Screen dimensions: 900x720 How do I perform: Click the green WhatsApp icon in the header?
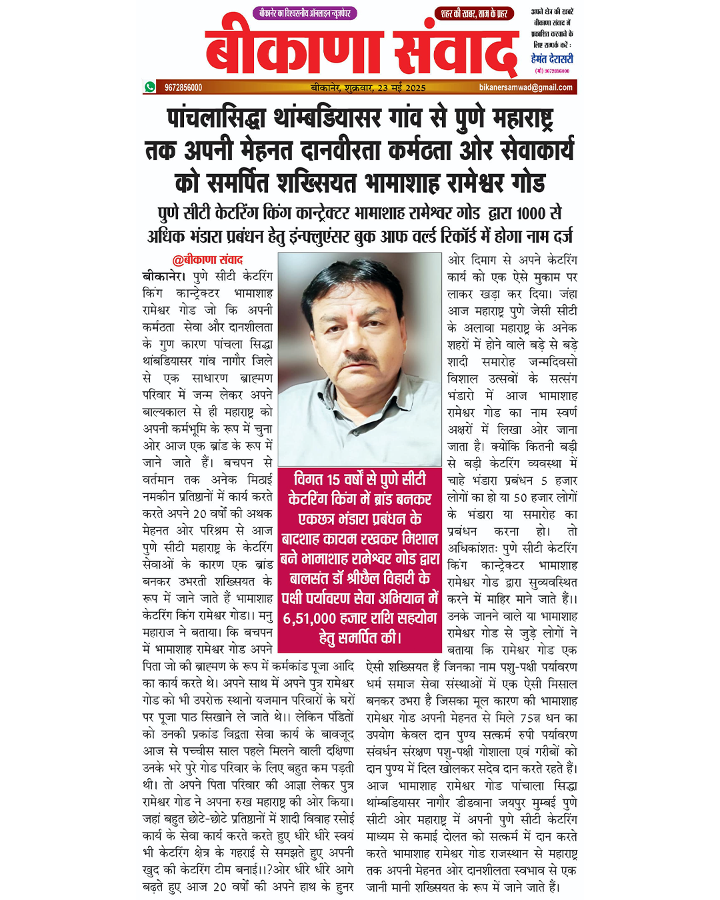149,87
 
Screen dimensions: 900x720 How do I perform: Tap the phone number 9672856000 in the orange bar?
183,87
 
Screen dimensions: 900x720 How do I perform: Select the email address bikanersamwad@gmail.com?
525,87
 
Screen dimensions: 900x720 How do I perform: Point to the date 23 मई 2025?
401,87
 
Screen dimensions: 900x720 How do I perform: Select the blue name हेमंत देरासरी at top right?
552,59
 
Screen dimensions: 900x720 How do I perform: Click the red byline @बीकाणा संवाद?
207,259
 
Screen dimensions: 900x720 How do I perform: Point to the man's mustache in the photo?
360,361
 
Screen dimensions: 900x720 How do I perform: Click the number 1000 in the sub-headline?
531,213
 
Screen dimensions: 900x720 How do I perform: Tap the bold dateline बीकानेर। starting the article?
164,277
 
